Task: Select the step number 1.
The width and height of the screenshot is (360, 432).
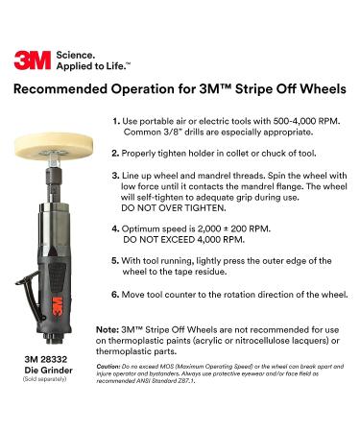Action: (x=115, y=121)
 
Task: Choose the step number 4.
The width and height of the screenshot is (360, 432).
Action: (x=116, y=229)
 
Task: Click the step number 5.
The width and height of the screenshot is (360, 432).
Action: (x=116, y=260)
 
